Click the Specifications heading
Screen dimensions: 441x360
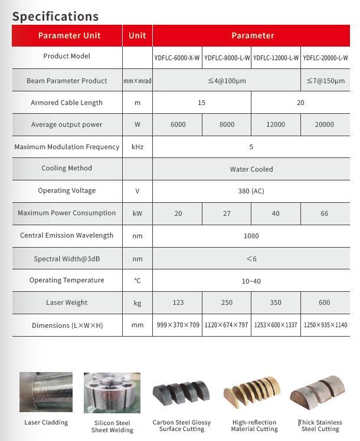(55, 16)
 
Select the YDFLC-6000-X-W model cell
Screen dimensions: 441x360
(178, 58)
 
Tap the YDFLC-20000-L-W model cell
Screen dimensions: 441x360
(325, 58)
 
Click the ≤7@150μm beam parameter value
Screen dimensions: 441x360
(325, 80)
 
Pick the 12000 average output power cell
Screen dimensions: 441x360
(276, 124)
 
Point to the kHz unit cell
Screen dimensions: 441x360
(138, 147)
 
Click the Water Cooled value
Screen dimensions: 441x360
(251, 169)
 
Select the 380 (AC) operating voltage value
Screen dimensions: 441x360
(251, 191)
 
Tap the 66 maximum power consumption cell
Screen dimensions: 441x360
(325, 213)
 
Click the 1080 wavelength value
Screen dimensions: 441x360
(251, 236)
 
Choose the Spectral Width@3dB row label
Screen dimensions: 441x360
(67, 259)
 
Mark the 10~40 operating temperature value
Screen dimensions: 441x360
(251, 281)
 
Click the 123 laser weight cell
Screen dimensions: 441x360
(178, 303)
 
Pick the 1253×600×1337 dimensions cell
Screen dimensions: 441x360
(276, 325)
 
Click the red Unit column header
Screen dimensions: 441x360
(138, 35)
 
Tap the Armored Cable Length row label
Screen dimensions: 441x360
(67, 103)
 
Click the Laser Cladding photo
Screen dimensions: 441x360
(46, 392)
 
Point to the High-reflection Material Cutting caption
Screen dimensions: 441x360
(255, 426)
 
